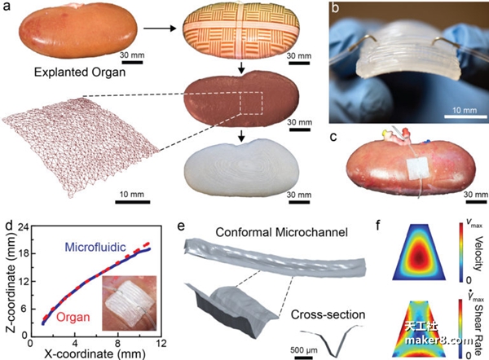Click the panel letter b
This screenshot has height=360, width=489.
(335, 8)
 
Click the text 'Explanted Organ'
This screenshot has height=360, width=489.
(80, 72)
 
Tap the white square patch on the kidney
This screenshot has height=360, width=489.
(418, 168)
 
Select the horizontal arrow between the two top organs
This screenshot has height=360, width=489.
(160, 29)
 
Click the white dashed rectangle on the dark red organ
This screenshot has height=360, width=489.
(251, 103)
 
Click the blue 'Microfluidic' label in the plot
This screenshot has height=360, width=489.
(95, 248)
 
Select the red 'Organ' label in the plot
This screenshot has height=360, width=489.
(73, 318)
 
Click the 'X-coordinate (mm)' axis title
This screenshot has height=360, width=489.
(95, 354)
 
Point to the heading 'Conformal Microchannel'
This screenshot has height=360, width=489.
(282, 232)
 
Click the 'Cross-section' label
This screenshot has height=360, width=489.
(328, 315)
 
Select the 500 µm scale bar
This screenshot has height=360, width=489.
(302, 358)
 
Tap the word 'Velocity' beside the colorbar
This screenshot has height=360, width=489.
(478, 254)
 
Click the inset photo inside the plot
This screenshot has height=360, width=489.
(129, 303)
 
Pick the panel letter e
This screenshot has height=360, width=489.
(181, 226)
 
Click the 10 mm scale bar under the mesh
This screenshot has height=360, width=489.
(133, 202)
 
